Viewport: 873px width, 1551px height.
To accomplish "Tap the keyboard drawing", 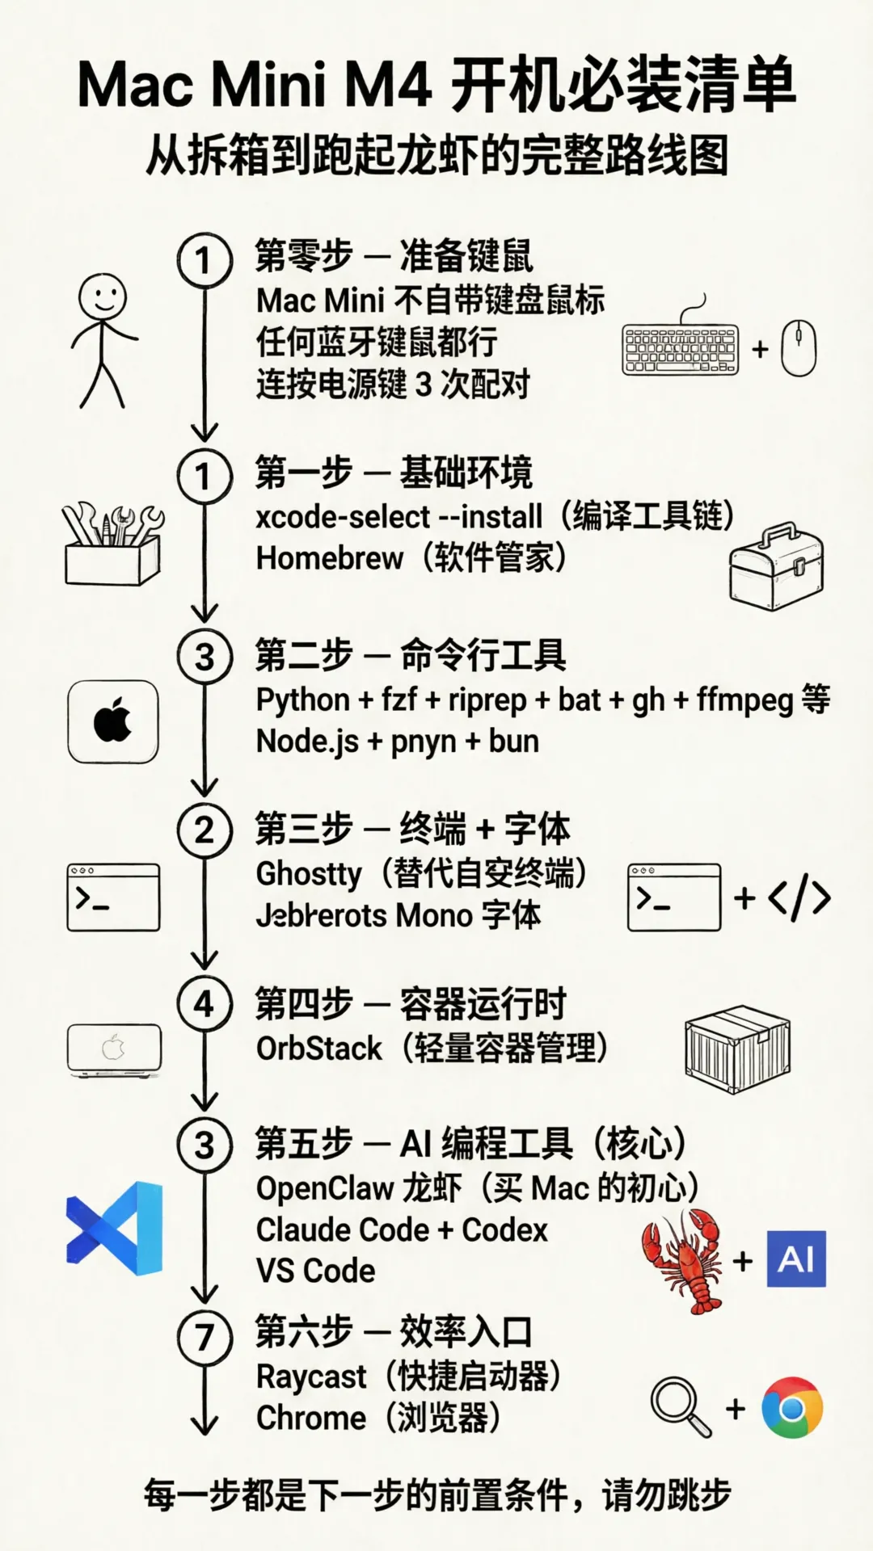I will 681,350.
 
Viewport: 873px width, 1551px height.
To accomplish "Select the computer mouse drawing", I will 798,348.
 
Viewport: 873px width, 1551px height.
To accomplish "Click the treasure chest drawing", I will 775,565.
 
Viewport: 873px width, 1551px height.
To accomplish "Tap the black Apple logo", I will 113,721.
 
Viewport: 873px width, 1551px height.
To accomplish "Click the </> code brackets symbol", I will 799,897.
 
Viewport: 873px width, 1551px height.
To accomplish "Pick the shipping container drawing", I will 736,1049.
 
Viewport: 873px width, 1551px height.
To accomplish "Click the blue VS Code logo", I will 115,1228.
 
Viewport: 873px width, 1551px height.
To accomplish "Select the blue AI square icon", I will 796,1259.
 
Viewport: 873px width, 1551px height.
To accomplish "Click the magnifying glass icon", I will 680,1406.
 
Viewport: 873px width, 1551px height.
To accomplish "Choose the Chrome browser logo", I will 792,1408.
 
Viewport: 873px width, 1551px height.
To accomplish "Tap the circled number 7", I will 205,1339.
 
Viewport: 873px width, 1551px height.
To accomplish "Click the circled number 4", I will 205,1004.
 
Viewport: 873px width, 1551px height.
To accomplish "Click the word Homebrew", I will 329,558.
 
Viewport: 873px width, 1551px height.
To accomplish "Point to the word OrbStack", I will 318,1049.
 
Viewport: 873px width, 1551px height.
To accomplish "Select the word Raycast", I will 311,1377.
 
